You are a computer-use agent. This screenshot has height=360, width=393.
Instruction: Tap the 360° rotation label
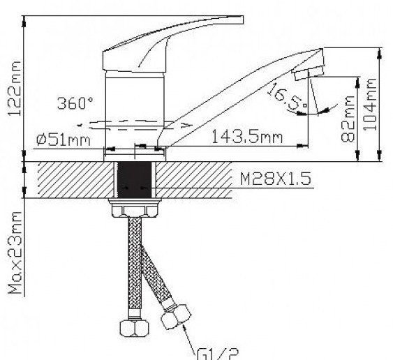click(75, 103)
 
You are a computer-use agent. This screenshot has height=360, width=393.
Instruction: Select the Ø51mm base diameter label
click(64, 140)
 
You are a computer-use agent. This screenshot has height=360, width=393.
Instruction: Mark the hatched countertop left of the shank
click(70, 180)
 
